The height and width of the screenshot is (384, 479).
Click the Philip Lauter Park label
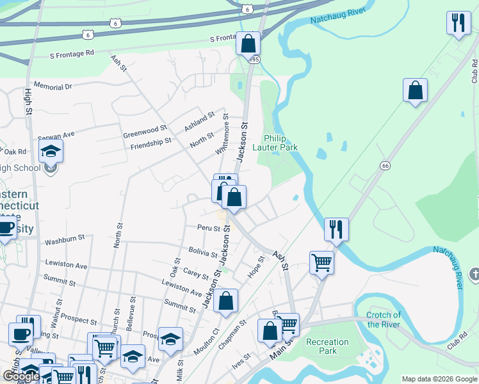pos(281,143)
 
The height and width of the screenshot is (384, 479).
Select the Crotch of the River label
pos(384,319)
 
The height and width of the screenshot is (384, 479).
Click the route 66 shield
pos(384,165)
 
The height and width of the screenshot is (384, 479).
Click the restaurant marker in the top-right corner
pos(458,24)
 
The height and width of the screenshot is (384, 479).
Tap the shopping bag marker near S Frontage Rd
pos(248,44)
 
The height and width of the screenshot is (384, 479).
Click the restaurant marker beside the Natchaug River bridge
pos(336,229)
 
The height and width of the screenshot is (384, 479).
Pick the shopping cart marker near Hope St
pos(321,262)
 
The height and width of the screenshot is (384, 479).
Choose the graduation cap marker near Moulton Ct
pos(170,339)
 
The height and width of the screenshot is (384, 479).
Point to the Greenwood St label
pos(145,131)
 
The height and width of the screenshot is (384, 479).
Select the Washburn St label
pos(65,240)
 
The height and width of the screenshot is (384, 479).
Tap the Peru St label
pos(208,228)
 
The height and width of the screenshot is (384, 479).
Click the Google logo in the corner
pos(20,376)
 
